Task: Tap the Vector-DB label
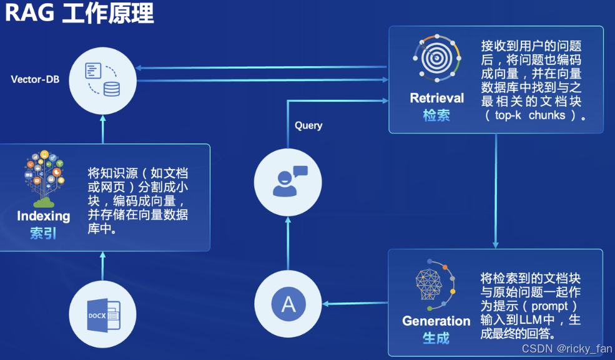pos(35,79)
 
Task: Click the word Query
pos(308,125)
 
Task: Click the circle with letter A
pos(288,304)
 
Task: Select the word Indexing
pos(44,216)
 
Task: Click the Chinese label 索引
pos(43,233)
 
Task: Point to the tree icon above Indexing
pos(44,178)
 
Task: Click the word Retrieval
pos(437,98)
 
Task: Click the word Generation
pos(436,321)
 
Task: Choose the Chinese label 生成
pos(436,338)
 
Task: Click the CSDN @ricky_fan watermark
pos(566,348)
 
